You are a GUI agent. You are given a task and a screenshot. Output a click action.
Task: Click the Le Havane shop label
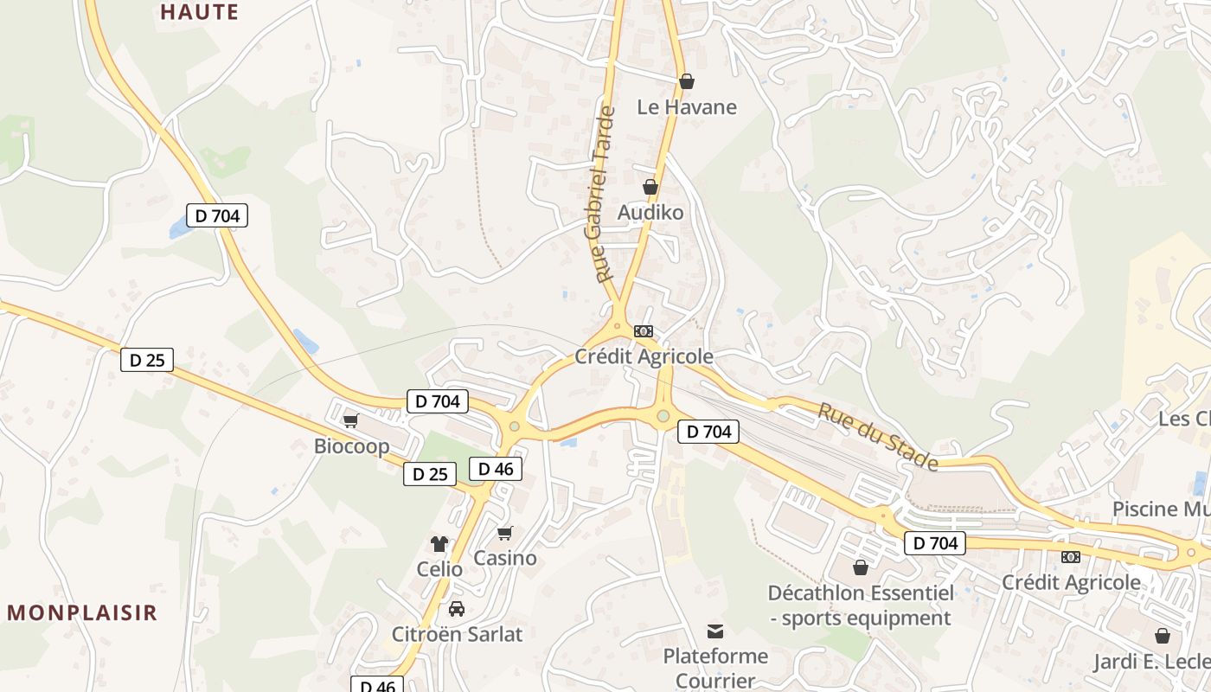point(687,107)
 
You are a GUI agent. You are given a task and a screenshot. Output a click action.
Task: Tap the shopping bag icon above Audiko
point(650,187)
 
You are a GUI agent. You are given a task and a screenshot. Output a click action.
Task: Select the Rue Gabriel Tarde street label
point(605,194)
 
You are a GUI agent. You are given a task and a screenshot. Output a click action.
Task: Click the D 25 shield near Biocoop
point(430,474)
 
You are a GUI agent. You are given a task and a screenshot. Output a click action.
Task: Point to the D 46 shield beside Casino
point(496,469)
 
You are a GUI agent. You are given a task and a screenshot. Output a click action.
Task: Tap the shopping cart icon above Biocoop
point(350,420)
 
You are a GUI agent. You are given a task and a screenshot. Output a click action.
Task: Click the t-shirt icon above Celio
point(439,544)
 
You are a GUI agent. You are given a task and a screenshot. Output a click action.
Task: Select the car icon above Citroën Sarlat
point(457,608)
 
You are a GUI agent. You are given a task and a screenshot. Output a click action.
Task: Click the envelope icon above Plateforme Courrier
point(715,631)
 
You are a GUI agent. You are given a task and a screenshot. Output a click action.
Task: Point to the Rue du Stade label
point(878,438)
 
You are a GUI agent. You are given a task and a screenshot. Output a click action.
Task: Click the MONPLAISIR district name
point(83,613)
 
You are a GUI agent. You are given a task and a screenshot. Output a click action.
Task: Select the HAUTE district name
point(199,12)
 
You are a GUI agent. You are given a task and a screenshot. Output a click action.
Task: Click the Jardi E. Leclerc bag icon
point(1163,636)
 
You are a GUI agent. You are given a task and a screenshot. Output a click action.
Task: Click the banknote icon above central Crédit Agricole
point(643,331)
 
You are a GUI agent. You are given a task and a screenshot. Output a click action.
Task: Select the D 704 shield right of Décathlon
point(935,543)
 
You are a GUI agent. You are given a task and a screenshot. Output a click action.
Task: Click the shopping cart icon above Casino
point(504,533)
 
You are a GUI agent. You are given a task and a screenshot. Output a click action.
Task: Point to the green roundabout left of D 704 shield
point(663,417)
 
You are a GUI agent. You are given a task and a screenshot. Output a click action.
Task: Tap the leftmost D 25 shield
point(147,360)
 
